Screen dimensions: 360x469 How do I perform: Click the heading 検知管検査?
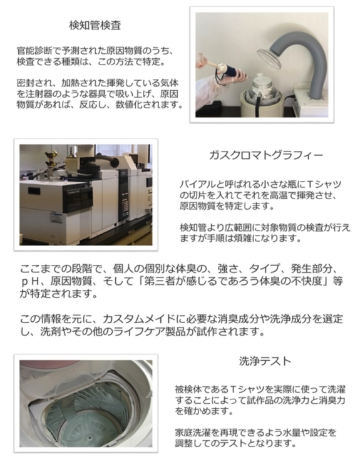tap(95, 25)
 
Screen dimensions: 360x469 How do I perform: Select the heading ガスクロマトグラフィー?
tap(266, 155)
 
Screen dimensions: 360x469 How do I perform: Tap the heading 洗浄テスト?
tap(265, 361)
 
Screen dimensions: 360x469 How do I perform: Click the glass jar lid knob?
tap(260, 75)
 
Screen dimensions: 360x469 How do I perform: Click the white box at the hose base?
tap(311, 103)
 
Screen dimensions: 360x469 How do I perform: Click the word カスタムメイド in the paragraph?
tap(139, 319)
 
